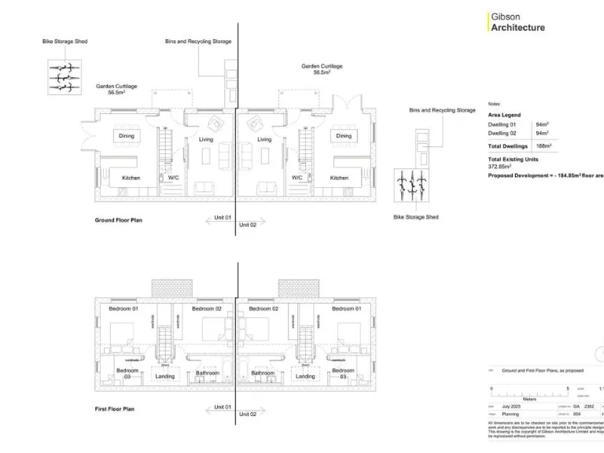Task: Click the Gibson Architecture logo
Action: coord(517,21)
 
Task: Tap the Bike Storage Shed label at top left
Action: coord(64,41)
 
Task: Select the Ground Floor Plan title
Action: coord(119,220)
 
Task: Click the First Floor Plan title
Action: coord(115,409)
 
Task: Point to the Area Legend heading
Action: coord(504,115)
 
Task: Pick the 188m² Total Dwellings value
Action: coord(543,145)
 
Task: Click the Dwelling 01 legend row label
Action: coord(502,124)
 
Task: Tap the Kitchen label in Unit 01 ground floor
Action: coord(131,178)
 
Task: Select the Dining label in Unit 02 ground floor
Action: coord(344,136)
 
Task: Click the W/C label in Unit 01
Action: coord(173,178)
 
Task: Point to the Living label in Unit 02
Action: coord(264,140)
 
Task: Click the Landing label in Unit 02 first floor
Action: coord(305,377)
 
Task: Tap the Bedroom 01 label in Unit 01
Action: coord(123,309)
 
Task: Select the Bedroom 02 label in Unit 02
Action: coord(263,309)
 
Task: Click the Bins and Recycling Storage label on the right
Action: coord(442,110)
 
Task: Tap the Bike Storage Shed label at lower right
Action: coord(415,217)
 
